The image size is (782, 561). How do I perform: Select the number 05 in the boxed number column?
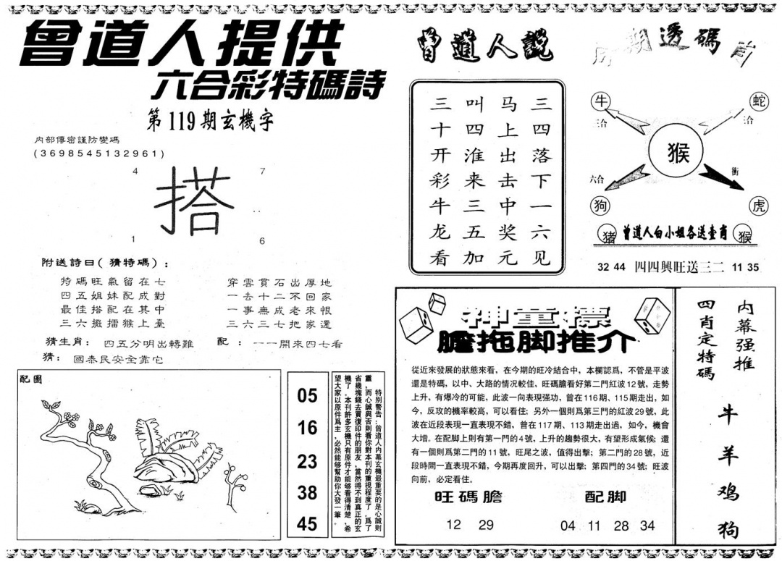click(307, 396)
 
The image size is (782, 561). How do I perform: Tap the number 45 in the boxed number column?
click(307, 523)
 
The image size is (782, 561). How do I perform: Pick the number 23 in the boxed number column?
click(307, 460)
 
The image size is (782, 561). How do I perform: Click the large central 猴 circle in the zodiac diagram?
click(678, 153)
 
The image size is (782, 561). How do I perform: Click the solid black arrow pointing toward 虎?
click(721, 178)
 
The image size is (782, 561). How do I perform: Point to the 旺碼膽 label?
click(468, 497)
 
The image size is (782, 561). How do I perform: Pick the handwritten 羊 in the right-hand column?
click(726, 454)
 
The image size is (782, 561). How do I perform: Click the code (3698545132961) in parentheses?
click(99, 153)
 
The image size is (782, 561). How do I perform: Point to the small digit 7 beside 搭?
click(262, 172)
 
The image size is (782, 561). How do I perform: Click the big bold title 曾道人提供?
click(181, 45)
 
